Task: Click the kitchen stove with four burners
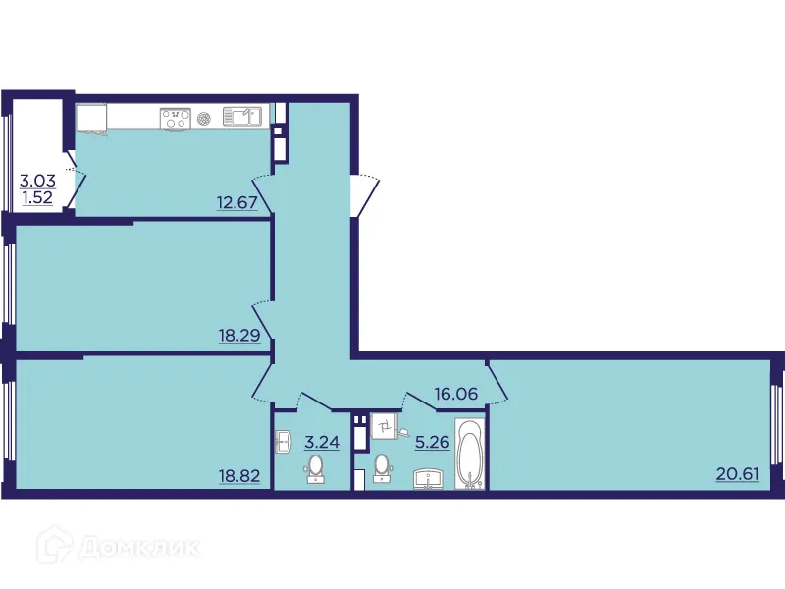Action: pos(176,118)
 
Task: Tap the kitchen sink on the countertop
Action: pos(241,117)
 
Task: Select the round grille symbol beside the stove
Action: pos(204,118)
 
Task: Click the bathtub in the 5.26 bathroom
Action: pos(471,454)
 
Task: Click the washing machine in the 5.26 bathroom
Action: pos(384,426)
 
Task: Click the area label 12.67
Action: pos(236,204)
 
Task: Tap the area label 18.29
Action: pos(237,335)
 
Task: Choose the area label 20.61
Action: pos(738,474)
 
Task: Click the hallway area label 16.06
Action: pos(456,394)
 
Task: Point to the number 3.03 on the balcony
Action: pos(37,180)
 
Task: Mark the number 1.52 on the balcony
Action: pos(37,196)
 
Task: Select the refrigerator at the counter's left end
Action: pos(91,117)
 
